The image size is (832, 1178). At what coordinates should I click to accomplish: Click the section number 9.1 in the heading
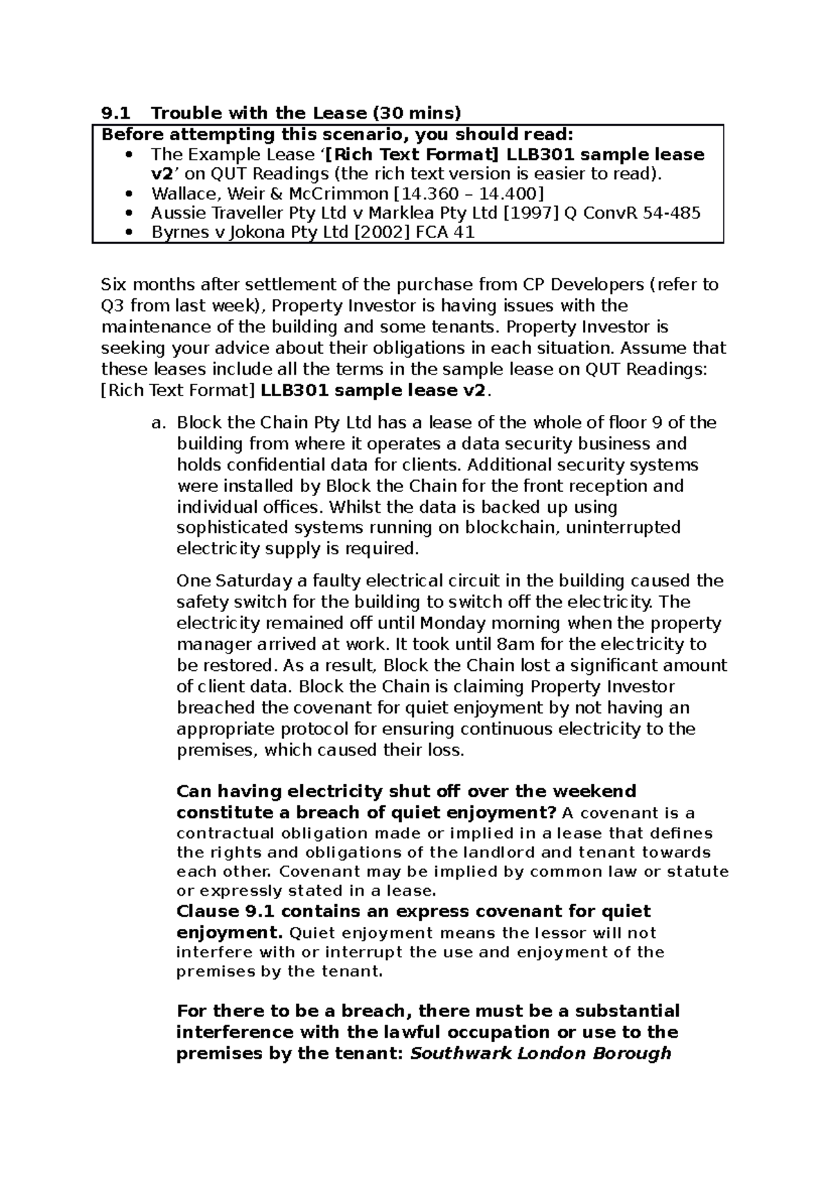tap(113, 112)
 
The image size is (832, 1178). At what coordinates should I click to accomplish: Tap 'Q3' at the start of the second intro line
tap(113, 306)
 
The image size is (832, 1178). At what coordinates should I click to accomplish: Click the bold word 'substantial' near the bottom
tap(621, 1011)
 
